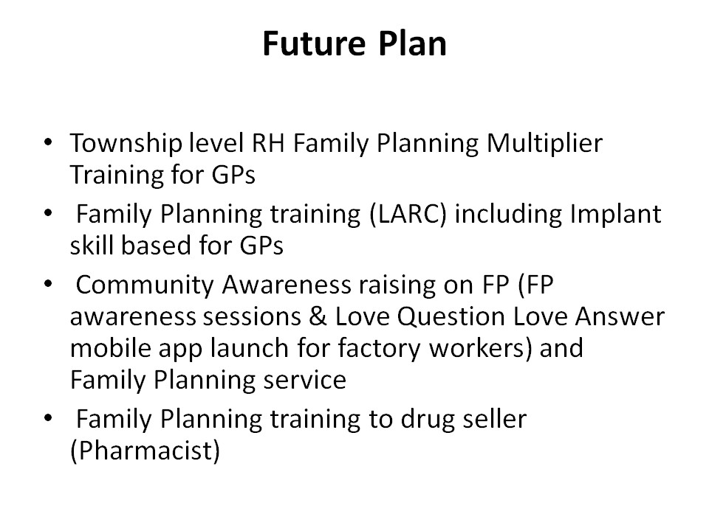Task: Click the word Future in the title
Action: [x=314, y=44]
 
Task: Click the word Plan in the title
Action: [x=412, y=44]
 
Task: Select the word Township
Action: [x=126, y=144]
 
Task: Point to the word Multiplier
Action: [x=544, y=144]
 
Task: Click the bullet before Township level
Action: [x=49, y=142]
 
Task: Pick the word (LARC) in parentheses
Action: [x=408, y=215]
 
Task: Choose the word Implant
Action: [x=615, y=215]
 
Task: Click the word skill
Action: [x=92, y=245]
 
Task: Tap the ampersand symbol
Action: [x=318, y=316]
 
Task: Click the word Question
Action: [x=451, y=317]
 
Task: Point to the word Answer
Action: [x=620, y=316]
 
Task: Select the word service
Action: [x=305, y=381]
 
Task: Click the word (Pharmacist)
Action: [x=145, y=451]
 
